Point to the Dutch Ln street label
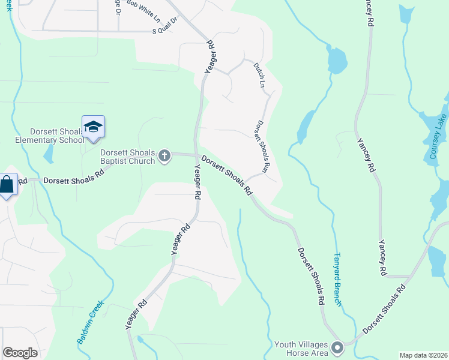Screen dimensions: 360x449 coord(259,75)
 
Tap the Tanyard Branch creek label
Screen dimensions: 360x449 coord(337,280)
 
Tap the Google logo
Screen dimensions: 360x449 coord(20,353)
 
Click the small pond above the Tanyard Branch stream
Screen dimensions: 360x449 coord(337,60)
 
